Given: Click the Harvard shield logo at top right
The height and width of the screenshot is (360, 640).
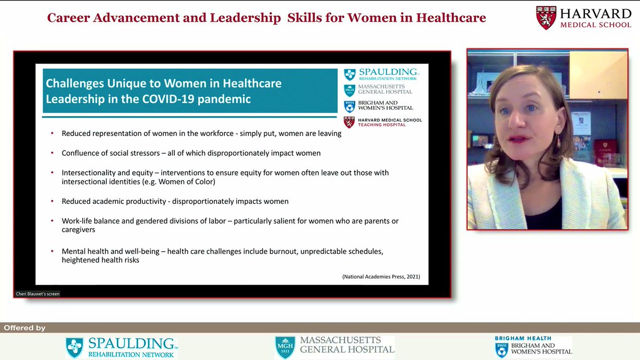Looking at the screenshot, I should pyautogui.click(x=547, y=18).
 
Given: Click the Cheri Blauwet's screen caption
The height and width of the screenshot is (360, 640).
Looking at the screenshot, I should pyautogui.click(x=37, y=293).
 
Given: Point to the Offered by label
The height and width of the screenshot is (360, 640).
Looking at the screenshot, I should pyautogui.click(x=25, y=327).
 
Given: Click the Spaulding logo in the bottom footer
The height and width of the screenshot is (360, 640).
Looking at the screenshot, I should pyautogui.click(x=122, y=347).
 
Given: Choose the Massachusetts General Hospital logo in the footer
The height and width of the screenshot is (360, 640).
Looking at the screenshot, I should pyautogui.click(x=334, y=347).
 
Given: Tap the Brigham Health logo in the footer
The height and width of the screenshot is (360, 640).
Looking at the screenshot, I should pyautogui.click(x=533, y=346).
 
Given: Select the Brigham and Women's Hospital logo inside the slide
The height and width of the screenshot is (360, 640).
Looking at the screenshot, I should pyautogui.click(x=378, y=106).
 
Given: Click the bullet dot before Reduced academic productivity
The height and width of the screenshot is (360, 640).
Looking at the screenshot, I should pyautogui.click(x=52, y=202).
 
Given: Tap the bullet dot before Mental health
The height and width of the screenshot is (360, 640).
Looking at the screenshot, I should pyautogui.click(x=52, y=251).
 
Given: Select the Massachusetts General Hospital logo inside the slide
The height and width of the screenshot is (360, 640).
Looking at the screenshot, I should pyautogui.click(x=378, y=89).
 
